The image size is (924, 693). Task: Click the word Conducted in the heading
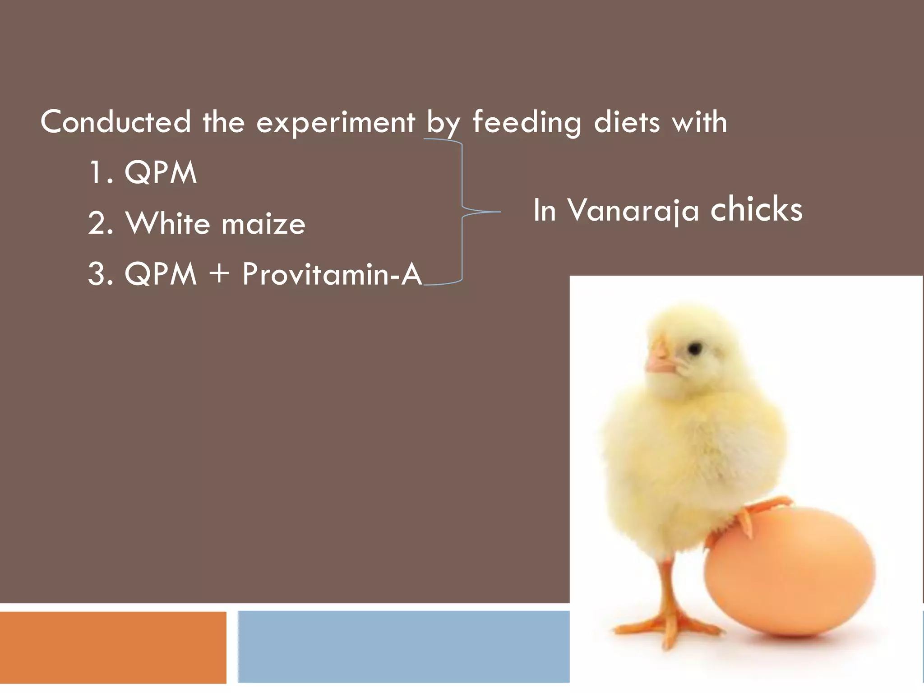pyautogui.click(x=115, y=122)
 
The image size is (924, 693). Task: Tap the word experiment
pyautogui.click(x=335, y=123)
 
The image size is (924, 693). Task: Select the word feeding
pyautogui.click(x=527, y=123)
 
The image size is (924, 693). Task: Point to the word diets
pyautogui.click(x=627, y=122)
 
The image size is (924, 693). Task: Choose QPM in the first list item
pyautogui.click(x=161, y=173)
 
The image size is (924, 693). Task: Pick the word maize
pyautogui.click(x=263, y=225)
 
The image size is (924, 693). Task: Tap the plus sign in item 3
pyautogui.click(x=219, y=273)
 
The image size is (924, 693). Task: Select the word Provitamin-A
pyautogui.click(x=332, y=274)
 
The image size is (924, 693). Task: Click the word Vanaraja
pyautogui.click(x=633, y=211)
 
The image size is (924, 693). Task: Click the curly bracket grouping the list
pyautogui.click(x=462, y=211)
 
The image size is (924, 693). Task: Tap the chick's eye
pyautogui.click(x=695, y=348)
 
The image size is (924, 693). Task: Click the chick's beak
pyautogui.click(x=660, y=361)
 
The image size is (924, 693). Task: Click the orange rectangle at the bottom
pyautogui.click(x=113, y=647)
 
